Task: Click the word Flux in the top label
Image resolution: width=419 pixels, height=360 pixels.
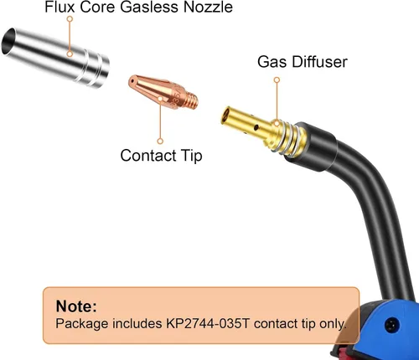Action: tap(59, 7)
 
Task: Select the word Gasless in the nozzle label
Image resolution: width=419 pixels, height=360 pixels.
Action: tap(150, 7)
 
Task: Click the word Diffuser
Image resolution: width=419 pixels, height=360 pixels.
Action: tap(320, 61)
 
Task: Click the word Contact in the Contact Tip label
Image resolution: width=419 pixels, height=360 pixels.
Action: tap(148, 155)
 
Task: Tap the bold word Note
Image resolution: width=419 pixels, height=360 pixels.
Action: tap(76, 306)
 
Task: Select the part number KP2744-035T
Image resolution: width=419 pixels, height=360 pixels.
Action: tap(208, 323)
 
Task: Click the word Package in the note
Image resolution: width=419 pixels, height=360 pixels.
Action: tap(82, 324)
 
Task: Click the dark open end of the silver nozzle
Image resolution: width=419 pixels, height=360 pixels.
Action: tap(8, 41)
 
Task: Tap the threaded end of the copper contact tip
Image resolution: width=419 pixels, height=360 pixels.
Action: tap(192, 100)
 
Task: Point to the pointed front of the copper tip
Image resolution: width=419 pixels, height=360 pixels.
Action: tap(132, 81)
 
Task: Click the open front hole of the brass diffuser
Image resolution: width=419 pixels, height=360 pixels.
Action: tap(225, 116)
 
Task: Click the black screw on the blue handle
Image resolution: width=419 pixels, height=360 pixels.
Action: tap(392, 325)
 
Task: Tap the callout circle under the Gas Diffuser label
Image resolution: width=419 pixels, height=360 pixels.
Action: tap(277, 80)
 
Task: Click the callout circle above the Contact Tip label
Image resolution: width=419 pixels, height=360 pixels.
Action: tap(160, 141)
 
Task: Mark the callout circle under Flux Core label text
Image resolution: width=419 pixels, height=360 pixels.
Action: tap(70, 18)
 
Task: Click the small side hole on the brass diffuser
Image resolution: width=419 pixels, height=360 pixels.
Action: tap(256, 127)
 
